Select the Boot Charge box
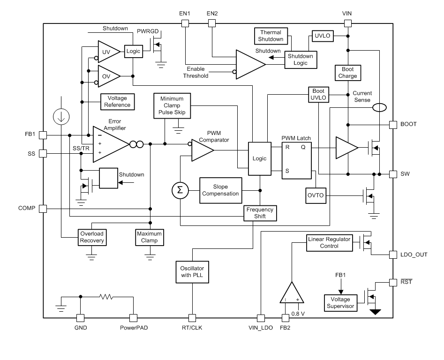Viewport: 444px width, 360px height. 347,72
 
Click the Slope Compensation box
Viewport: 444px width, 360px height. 220,190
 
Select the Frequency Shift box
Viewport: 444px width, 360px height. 260,213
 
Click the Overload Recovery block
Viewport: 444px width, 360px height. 92,237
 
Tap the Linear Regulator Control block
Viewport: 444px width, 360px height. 329,242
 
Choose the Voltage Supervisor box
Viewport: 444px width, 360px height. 340,302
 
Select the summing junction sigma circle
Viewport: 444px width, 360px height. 180,190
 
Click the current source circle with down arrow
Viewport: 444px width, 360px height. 62,118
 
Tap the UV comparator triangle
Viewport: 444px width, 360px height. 107,51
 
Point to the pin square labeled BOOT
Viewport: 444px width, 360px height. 394,125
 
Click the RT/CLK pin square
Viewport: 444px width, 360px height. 191,317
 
